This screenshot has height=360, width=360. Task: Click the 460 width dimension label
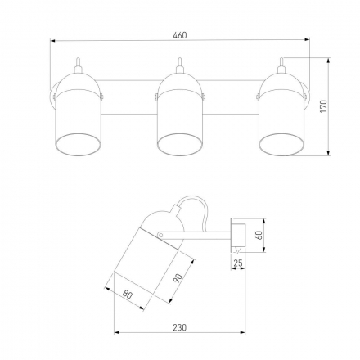click(180, 35)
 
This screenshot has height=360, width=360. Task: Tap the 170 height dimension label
click(323, 106)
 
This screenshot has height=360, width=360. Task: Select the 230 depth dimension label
click(180, 327)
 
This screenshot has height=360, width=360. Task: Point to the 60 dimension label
click(259, 235)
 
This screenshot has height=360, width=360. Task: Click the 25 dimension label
click(238, 263)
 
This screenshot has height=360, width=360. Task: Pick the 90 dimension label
click(178, 277)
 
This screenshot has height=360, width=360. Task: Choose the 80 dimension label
click(128, 295)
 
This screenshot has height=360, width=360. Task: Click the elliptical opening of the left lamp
click(79, 144)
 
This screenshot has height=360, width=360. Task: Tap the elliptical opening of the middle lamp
click(180, 144)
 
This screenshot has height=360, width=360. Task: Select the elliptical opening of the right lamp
click(281, 144)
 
